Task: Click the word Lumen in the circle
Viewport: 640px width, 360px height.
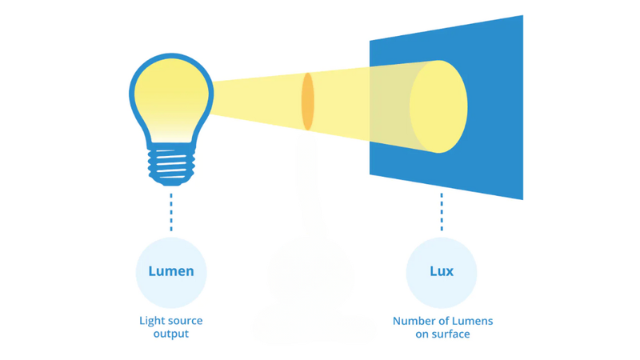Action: coord(171,271)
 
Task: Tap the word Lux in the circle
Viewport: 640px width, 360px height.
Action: coord(442,271)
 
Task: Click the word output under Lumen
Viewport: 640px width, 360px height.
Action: coord(171,334)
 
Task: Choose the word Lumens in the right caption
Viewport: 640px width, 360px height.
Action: coord(473,321)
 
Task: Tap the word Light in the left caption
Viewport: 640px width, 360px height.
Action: coord(151,321)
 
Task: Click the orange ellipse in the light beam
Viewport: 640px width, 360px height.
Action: coord(307,102)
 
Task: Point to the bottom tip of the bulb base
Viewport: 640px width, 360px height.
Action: coord(170,183)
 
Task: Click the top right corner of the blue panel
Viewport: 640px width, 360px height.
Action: coord(522,17)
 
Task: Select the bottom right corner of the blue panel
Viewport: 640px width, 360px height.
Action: coord(522,198)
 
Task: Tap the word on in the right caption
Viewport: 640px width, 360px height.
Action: coord(424,334)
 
